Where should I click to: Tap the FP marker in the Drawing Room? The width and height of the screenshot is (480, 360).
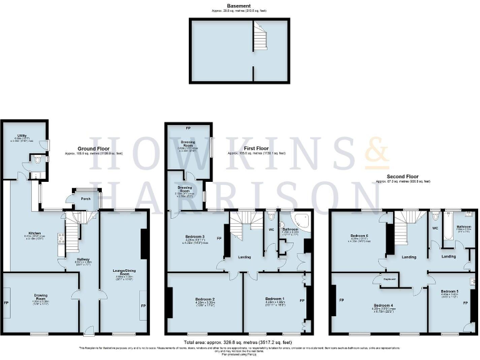6,302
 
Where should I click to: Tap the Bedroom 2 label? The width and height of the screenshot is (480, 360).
205,299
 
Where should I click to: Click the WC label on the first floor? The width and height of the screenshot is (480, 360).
271,229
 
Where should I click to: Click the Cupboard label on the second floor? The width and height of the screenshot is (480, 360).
390,279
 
